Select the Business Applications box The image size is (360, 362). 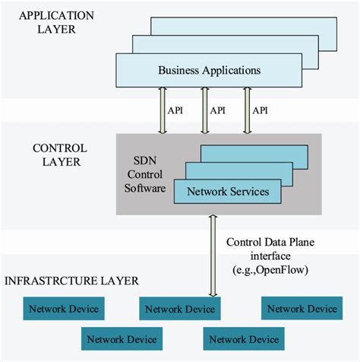point(209,70)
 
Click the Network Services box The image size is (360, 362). point(227,192)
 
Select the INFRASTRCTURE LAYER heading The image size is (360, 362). point(72,281)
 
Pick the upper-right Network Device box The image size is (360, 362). point(302,309)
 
